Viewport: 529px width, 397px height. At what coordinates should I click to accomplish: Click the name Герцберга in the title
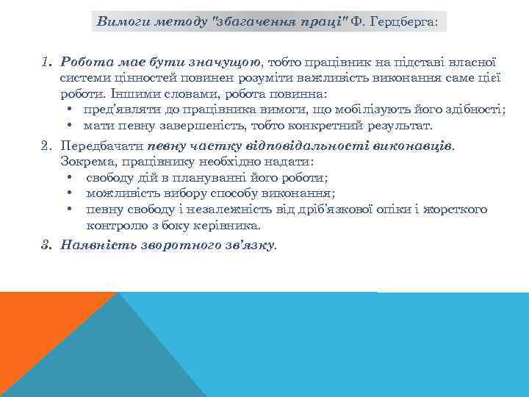(403, 22)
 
